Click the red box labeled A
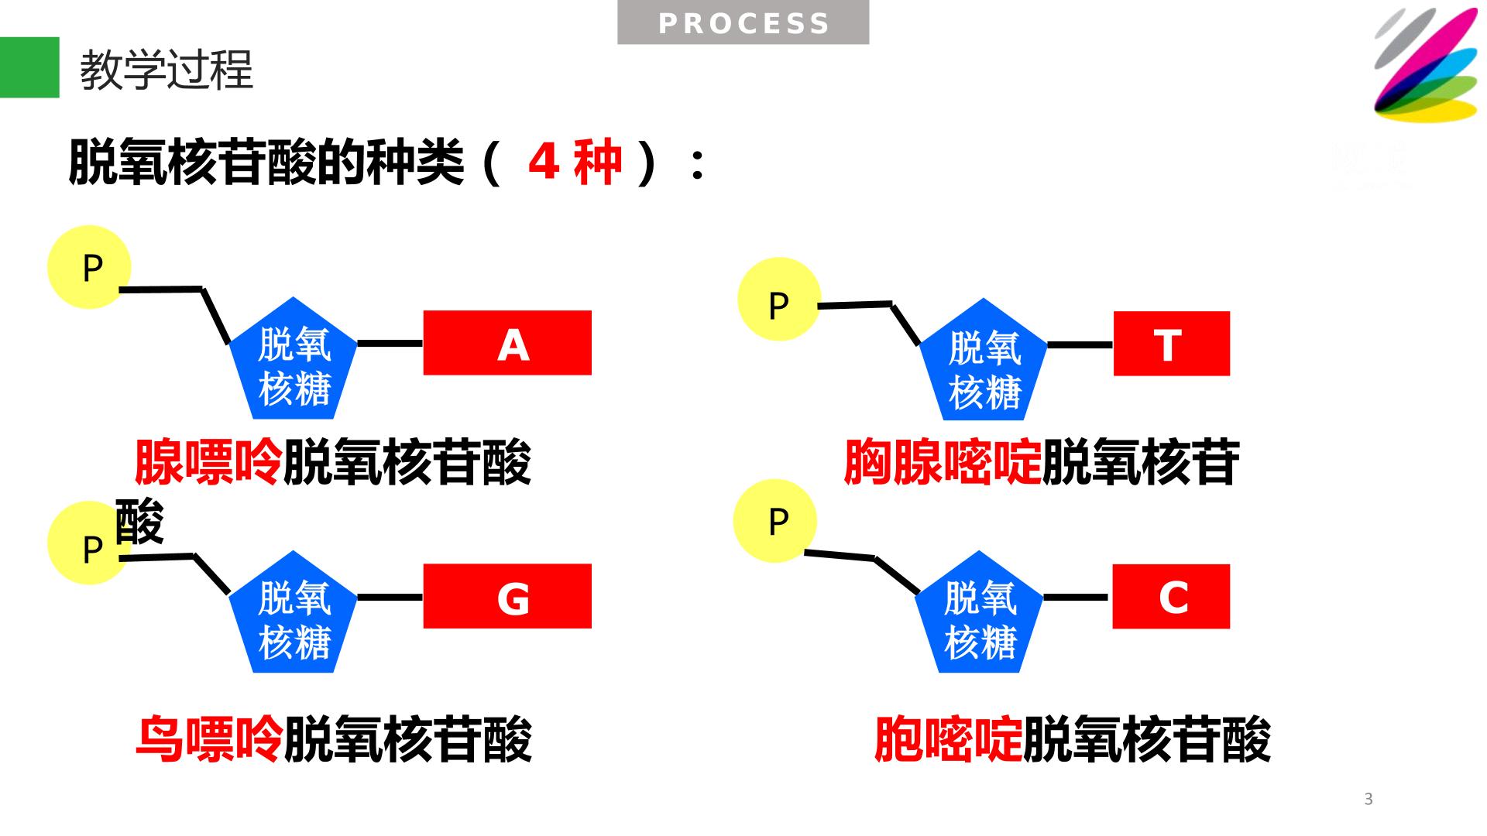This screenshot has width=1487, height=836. (x=507, y=343)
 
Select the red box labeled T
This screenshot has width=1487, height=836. (x=1172, y=344)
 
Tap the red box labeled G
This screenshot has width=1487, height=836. (x=507, y=596)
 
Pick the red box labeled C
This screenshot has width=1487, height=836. (x=1171, y=596)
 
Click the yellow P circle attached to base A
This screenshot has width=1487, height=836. (x=89, y=267)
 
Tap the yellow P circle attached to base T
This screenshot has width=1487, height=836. (x=778, y=300)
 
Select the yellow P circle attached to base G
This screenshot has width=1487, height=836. (x=88, y=543)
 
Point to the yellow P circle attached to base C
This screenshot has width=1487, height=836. (x=774, y=520)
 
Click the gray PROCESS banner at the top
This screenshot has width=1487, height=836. (x=743, y=22)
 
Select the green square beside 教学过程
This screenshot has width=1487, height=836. (x=29, y=67)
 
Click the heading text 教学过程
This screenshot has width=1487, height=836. (x=167, y=70)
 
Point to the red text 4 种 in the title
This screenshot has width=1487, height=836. (x=575, y=162)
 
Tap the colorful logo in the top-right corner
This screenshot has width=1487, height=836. (x=1426, y=65)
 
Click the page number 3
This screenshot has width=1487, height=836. (x=1369, y=799)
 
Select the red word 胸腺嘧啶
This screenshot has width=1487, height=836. (x=943, y=463)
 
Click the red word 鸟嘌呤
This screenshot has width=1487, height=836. (x=208, y=739)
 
